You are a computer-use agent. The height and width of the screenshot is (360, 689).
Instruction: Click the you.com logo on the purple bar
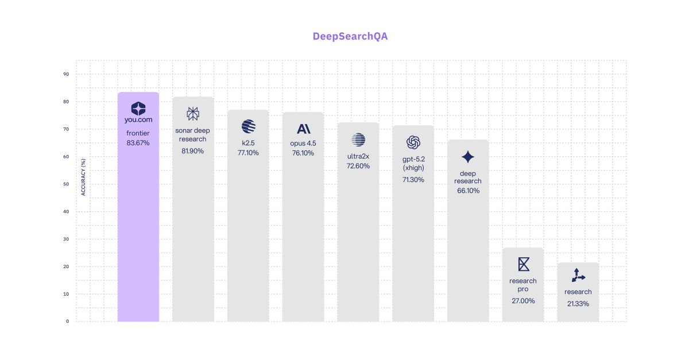click(138, 113)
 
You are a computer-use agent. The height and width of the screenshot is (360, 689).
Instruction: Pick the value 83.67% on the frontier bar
click(138, 143)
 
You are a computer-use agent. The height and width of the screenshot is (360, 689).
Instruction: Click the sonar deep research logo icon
click(193, 113)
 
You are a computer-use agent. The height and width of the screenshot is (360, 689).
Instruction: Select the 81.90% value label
click(193, 151)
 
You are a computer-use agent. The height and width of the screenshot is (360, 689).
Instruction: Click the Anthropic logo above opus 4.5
click(303, 129)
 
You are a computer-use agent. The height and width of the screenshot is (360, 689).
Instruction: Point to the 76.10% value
click(303, 153)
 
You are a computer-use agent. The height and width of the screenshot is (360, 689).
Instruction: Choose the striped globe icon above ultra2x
click(358, 140)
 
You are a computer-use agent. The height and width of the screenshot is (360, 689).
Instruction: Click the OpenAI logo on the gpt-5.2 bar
click(413, 142)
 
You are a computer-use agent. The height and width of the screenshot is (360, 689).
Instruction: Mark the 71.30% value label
click(413, 180)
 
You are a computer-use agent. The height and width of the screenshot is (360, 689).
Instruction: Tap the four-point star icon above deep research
click(468, 157)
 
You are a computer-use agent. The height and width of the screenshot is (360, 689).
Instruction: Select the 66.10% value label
click(468, 191)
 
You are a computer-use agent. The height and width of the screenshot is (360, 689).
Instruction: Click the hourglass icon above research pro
click(523, 264)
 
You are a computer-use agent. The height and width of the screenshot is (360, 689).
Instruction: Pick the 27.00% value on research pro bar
click(523, 301)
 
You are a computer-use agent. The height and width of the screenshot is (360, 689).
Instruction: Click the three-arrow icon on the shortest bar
click(578, 276)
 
